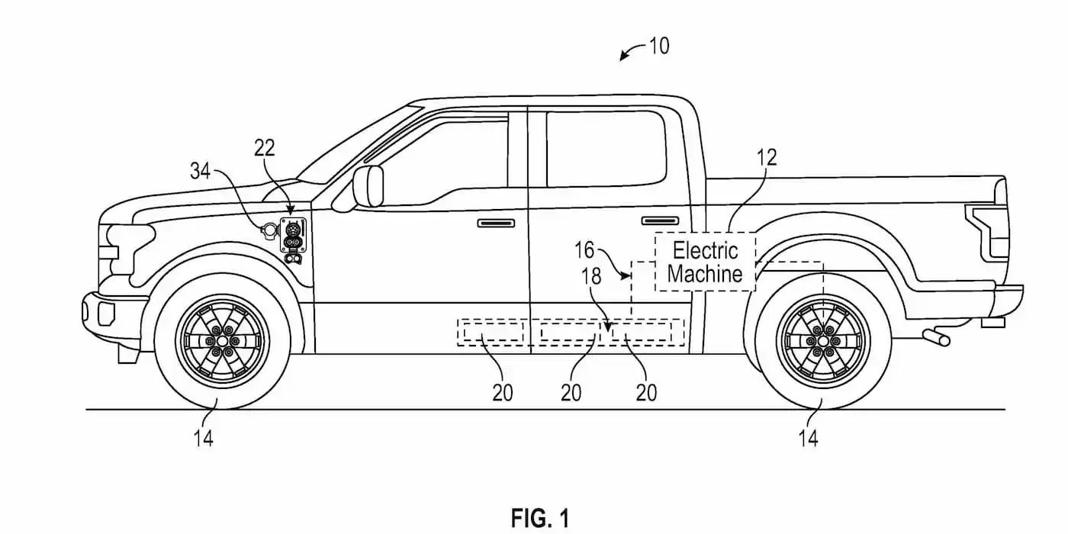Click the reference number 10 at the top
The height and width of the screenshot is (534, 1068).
(x=659, y=47)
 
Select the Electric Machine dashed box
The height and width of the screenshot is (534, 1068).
(x=705, y=262)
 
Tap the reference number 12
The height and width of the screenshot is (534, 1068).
(x=767, y=158)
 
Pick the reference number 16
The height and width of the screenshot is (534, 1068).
(x=585, y=250)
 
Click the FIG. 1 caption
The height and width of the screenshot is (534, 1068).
(x=539, y=518)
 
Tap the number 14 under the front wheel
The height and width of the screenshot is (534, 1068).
(x=204, y=439)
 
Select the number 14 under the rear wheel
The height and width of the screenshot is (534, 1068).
(x=808, y=439)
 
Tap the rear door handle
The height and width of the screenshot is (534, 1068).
(x=660, y=220)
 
